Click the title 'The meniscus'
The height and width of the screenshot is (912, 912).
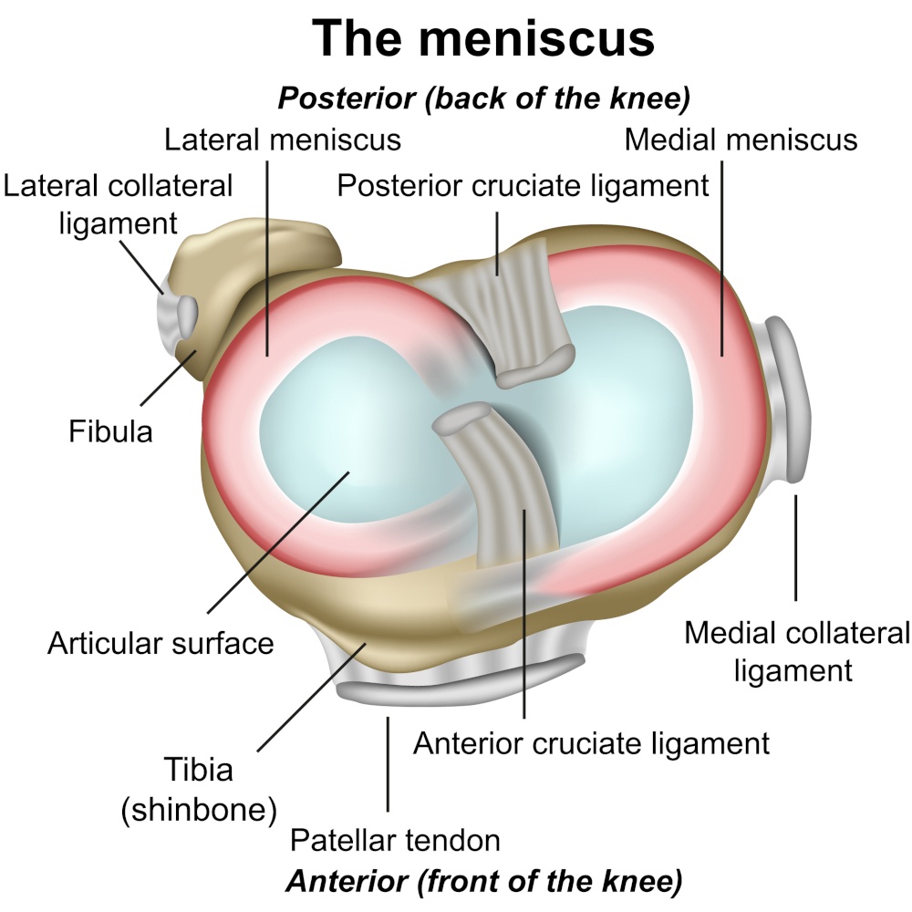coord(483,38)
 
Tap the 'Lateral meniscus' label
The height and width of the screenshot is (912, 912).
coord(283,140)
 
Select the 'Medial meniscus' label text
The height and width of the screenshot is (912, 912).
coord(741,140)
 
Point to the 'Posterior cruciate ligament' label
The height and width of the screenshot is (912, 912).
coord(523,186)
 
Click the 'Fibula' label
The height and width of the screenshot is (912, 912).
coord(110,430)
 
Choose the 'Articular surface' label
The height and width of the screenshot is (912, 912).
coord(161,643)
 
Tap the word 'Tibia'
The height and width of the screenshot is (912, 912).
coord(199,769)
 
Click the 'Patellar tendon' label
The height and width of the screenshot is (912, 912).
coord(395,840)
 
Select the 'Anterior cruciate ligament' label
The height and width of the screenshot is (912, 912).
coord(592,742)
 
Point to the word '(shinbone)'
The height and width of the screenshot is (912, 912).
coord(199,809)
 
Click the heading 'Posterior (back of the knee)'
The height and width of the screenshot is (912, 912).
coord(483,98)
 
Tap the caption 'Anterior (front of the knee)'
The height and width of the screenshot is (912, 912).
coord(483,882)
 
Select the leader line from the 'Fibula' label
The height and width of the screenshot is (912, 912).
coord(169,383)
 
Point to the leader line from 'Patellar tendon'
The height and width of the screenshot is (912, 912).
coord(389,766)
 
